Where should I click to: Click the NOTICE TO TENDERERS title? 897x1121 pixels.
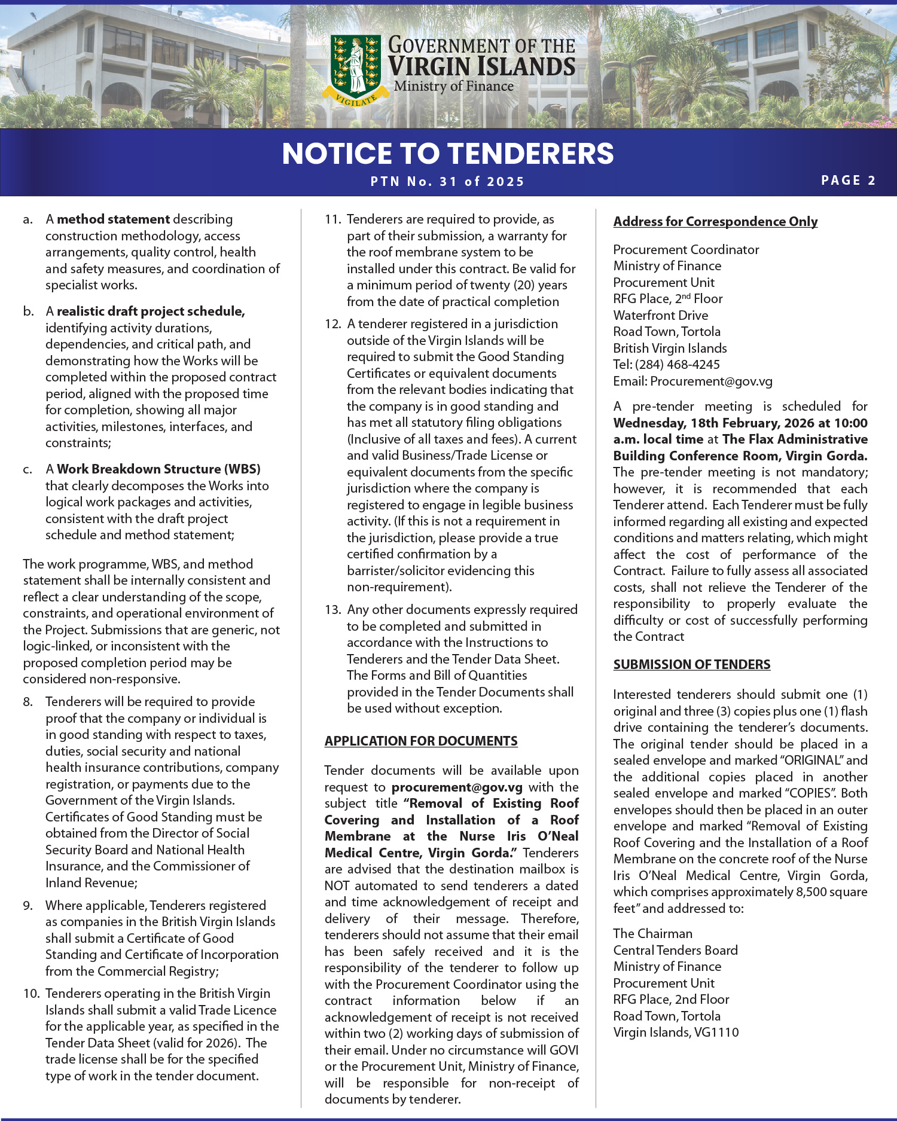pos(448,154)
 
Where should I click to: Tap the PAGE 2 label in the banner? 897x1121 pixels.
pos(848,181)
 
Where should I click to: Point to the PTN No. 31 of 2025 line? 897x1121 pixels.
pos(447,182)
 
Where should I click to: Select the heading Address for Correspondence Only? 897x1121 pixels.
pos(715,222)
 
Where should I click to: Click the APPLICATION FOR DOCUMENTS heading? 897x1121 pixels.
pos(421,741)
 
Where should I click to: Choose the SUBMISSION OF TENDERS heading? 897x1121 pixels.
pos(691,665)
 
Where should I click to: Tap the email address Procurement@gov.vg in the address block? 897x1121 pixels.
pos(711,381)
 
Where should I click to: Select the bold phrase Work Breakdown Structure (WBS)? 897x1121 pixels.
pos(158,469)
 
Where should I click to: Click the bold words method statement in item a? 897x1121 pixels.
pos(113,219)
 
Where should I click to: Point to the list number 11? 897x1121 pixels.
pos(332,219)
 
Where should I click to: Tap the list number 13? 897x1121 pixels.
pos(332,610)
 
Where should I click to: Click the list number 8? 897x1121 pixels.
pos(28,702)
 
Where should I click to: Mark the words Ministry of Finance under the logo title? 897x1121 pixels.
pos(453,86)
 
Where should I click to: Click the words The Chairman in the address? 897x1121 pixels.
pos(652,934)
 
